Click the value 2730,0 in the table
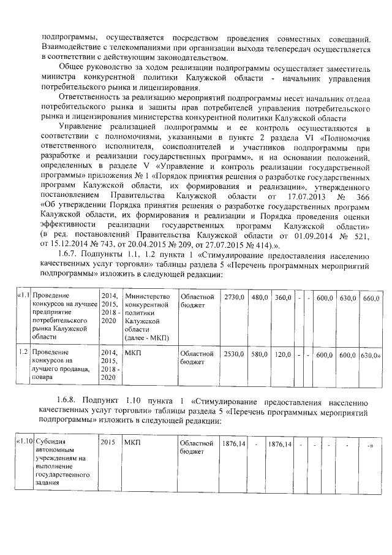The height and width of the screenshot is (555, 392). (235, 297)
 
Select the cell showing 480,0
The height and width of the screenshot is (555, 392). (260, 297)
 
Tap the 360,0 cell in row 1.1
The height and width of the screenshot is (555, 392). (282, 297)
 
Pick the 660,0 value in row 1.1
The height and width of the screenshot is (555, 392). (372, 298)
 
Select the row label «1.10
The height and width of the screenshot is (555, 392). (23, 442)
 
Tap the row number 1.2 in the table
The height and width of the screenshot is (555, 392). (23, 353)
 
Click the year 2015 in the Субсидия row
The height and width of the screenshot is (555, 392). (108, 442)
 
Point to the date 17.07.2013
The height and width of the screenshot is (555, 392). (290, 196)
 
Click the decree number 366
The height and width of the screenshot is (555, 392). (359, 196)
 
